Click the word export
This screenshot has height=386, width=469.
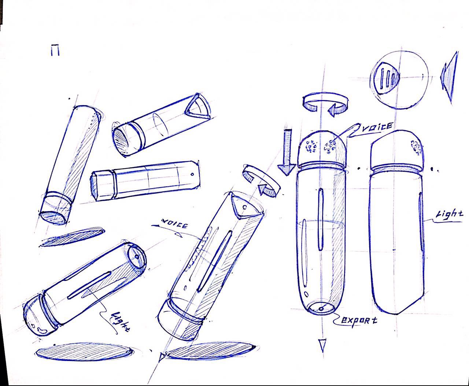(359, 320)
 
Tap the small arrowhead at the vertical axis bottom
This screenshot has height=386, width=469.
(322, 345)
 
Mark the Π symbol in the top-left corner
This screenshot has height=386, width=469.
(55, 51)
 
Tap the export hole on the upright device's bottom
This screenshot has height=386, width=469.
(321, 309)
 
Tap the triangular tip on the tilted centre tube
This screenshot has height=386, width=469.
(242, 206)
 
